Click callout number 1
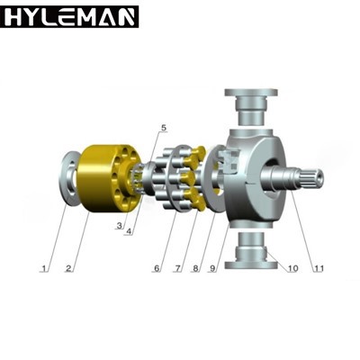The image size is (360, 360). pos(45,268)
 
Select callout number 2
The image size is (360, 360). pos(68,268)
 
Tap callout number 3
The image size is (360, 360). pos(120,225)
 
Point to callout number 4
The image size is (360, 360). pos(129,231)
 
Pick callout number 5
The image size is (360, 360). pos(163,128)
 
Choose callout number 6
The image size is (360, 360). pos(157,268)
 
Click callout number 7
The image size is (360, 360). pos(178,268)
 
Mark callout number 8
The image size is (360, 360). pos(195,268)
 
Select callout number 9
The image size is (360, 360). pos(212,268)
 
